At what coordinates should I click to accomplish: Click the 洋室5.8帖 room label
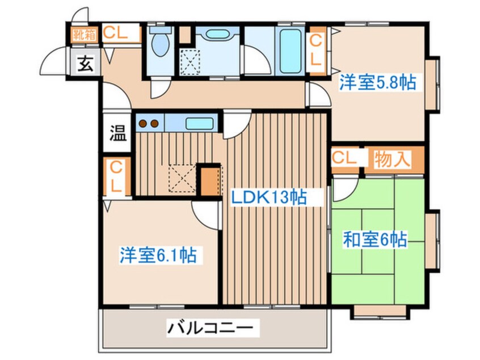coord(377,82)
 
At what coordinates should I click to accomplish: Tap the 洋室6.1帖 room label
coord(158,255)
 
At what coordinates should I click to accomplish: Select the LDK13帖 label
coord(268,197)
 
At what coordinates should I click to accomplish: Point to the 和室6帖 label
coord(375,240)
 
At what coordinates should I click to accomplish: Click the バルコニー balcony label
coord(210,328)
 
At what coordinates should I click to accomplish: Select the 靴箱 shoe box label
coord(85,35)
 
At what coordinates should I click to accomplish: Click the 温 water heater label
coord(118,133)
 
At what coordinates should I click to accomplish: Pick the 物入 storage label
coord(392,160)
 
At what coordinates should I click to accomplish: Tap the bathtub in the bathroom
coord(290,51)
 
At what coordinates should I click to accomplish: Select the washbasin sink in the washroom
coord(217,33)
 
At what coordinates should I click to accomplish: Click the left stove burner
coord(143,123)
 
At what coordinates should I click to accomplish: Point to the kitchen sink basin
coord(199,123)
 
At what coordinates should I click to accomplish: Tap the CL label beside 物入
coord(344,158)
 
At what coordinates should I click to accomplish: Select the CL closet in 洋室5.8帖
coord(316,51)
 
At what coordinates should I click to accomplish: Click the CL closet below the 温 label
coord(116,177)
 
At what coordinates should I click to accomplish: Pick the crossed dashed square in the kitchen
coord(182,178)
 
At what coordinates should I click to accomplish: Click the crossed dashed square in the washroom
coord(190,62)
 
